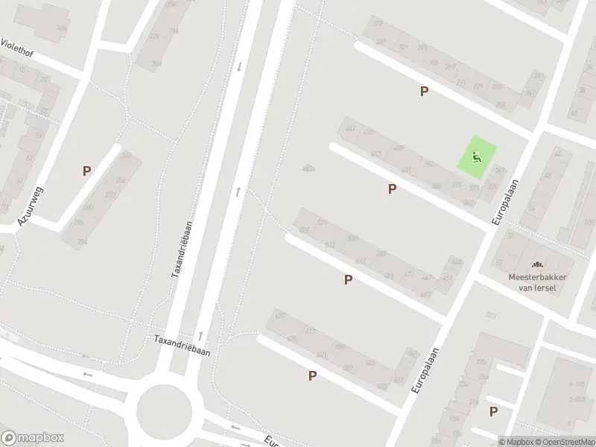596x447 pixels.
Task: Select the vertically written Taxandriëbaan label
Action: [x=182, y=249]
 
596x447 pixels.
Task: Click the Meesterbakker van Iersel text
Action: [x=537, y=281]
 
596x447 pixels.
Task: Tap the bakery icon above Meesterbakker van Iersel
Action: [x=536, y=264]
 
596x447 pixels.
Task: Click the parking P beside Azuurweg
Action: [x=86, y=171]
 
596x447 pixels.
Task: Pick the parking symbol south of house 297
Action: [x=424, y=92]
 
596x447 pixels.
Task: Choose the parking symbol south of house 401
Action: [x=392, y=189]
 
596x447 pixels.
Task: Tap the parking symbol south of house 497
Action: [x=347, y=280]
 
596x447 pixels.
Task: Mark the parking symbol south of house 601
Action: [x=312, y=376]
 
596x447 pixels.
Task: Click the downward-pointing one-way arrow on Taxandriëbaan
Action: [x=239, y=66]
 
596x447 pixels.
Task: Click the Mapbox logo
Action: [x=32, y=438]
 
